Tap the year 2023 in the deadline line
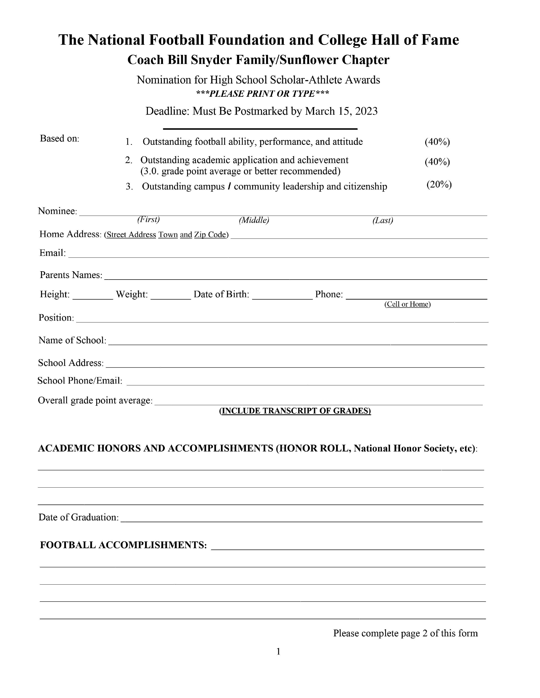(x=366, y=111)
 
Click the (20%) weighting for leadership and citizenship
(x=439, y=184)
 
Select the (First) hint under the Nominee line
(x=148, y=219)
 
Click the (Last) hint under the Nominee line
(x=382, y=220)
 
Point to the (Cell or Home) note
(x=407, y=304)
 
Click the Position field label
(x=56, y=318)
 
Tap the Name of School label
(x=72, y=340)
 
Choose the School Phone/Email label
(x=80, y=381)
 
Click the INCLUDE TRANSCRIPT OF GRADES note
(x=295, y=411)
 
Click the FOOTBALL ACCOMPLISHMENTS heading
(x=123, y=545)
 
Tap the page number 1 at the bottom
(x=278, y=651)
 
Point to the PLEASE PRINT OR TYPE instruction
(x=262, y=94)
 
